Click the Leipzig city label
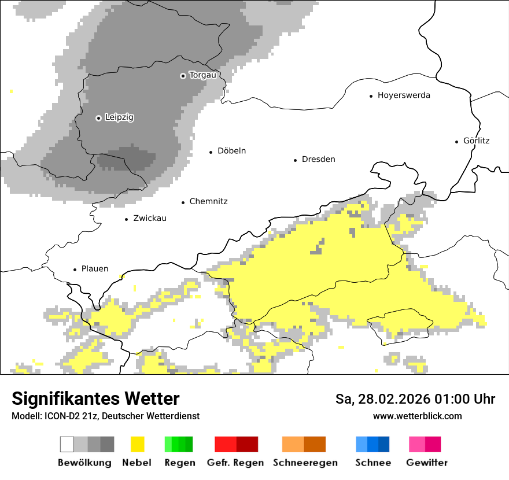(119, 117)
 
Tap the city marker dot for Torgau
(183, 76)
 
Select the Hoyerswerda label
(404, 95)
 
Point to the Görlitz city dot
(457, 141)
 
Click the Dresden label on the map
(318, 160)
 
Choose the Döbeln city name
(231, 151)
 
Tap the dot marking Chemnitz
(183, 202)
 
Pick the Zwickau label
(149, 219)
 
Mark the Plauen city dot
(75, 269)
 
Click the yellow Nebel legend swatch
(137, 444)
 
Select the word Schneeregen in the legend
(305, 463)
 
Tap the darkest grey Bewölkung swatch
(108, 444)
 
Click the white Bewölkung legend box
(67, 444)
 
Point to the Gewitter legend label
(426, 463)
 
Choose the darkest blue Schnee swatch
(384, 444)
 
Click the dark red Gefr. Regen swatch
(247, 444)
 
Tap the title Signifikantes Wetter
(95, 399)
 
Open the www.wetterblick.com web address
(417, 416)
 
